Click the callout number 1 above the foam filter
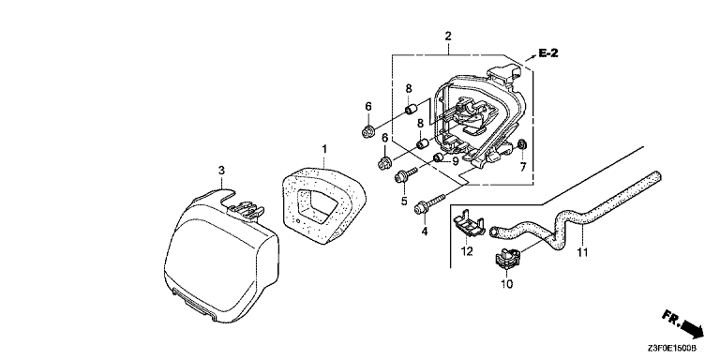tap(324, 149)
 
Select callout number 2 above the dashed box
tap(448, 37)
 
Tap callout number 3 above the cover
tap(221, 171)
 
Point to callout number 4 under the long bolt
tap(425, 232)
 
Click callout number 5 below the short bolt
tap(404, 202)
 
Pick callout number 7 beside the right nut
tap(522, 167)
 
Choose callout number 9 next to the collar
tap(455, 161)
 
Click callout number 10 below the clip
tap(507, 285)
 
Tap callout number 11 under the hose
tap(582, 252)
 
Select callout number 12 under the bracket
tap(467, 251)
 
